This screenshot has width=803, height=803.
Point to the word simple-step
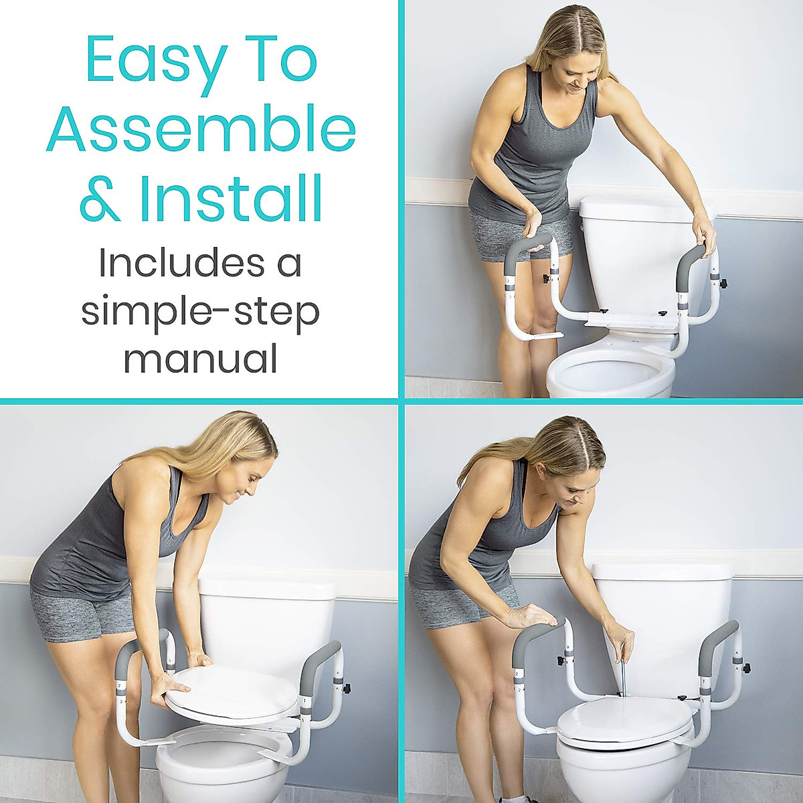point(200,313)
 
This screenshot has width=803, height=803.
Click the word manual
point(200,359)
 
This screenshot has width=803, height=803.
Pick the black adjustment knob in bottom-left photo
point(346,687)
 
